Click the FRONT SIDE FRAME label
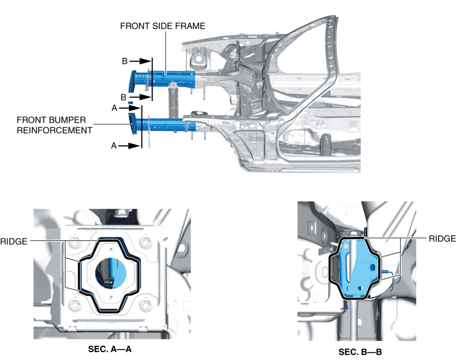(162, 25)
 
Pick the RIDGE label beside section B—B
(442, 238)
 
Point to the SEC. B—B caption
(361, 351)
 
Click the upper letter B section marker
(125, 61)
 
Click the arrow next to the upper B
(138, 61)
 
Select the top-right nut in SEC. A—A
(146, 243)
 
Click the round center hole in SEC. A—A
(111, 273)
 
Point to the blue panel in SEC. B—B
(355, 266)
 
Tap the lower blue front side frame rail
(167, 124)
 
